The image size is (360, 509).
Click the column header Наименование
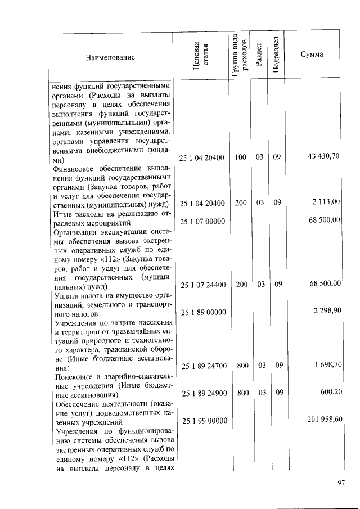click(110, 57)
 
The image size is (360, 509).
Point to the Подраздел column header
click(276, 57)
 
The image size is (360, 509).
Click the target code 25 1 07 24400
click(202, 285)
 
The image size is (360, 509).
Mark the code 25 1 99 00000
click(202, 421)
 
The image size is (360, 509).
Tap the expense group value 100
click(241, 157)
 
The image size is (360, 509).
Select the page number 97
click(340, 483)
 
